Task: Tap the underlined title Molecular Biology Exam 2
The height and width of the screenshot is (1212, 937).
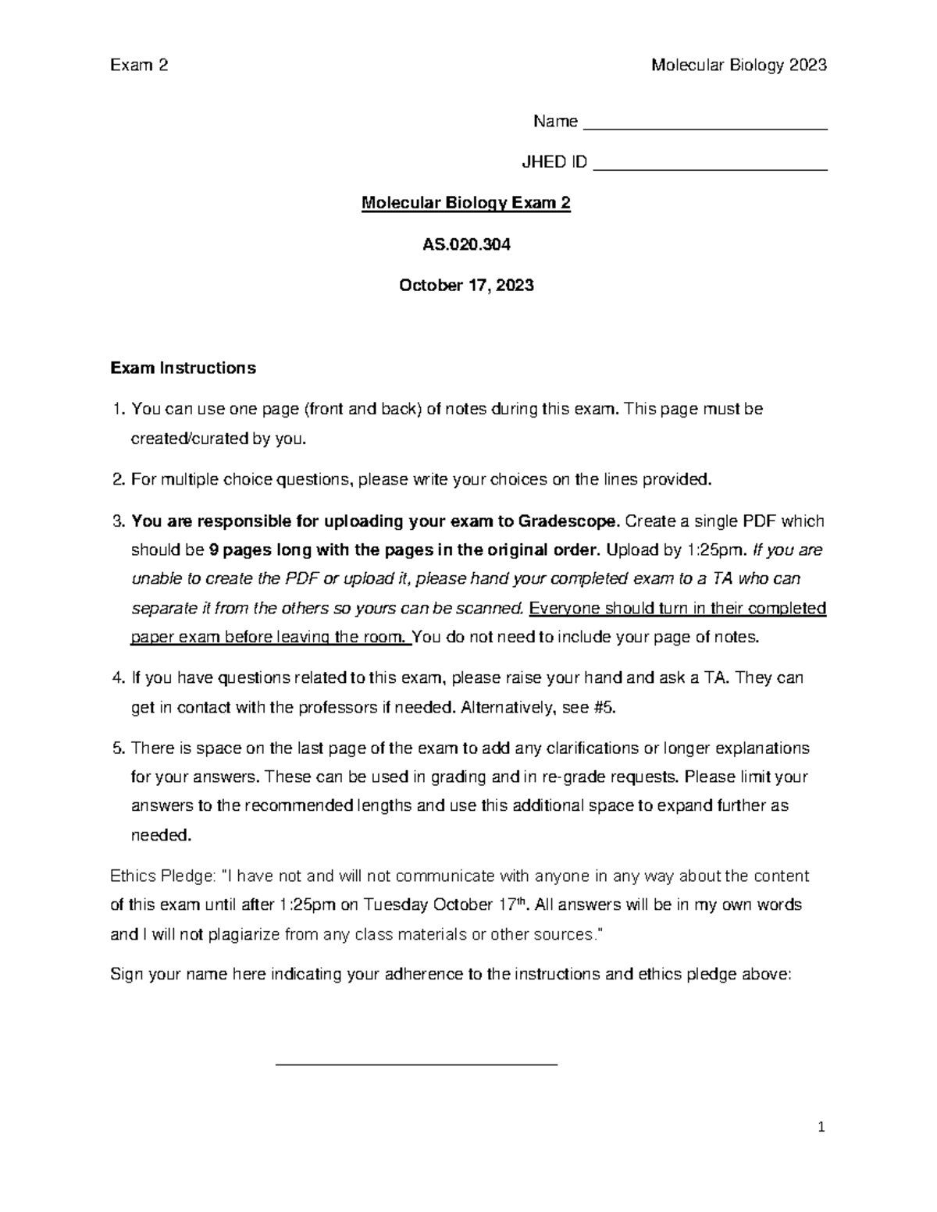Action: [x=466, y=204]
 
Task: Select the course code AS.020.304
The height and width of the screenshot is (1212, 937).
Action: [x=466, y=244]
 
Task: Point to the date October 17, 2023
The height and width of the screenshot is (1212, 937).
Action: [x=466, y=286]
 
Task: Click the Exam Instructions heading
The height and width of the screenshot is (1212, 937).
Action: [x=183, y=368]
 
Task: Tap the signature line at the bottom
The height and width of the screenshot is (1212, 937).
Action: [x=417, y=1063]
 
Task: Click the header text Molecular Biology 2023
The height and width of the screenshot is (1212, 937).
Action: [x=739, y=66]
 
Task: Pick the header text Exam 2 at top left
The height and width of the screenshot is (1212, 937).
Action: [x=139, y=66]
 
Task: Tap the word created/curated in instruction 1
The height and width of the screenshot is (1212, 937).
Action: [x=188, y=439]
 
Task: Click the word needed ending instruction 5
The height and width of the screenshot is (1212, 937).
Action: [x=159, y=835]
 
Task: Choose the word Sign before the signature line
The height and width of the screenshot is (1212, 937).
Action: [x=126, y=975]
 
